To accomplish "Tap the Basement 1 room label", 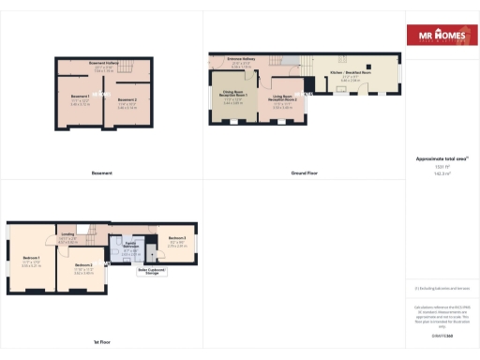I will [x=80, y=96].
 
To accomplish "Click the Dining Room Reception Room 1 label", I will [x=234, y=95].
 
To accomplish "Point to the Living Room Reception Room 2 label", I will [x=284, y=97].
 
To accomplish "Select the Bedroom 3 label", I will [x=177, y=238].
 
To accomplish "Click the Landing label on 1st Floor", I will [x=67, y=234].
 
